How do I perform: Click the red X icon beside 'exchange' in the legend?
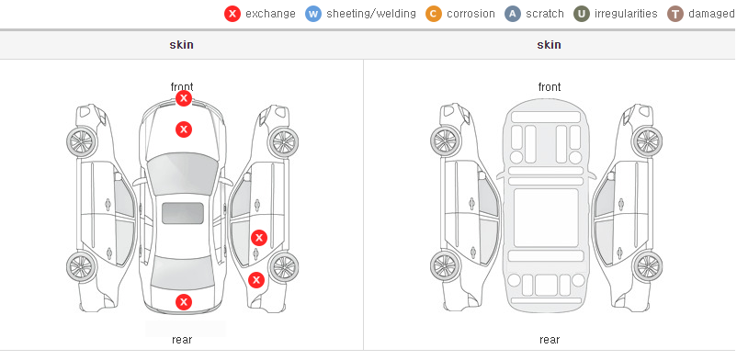click(232, 14)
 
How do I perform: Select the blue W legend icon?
click(313, 14)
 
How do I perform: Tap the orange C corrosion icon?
click(434, 14)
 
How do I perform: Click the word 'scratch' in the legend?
click(545, 14)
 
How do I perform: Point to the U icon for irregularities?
click(582, 14)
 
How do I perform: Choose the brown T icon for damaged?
click(675, 14)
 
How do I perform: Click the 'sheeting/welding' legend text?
click(371, 14)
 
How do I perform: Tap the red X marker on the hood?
click(184, 129)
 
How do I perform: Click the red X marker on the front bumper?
click(184, 98)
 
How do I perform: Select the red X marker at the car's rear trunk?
click(184, 302)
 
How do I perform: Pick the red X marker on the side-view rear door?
click(259, 238)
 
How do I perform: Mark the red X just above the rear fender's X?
click(259, 238)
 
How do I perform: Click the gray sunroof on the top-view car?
click(183, 213)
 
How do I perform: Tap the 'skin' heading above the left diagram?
click(181, 45)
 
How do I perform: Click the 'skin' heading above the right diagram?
click(549, 45)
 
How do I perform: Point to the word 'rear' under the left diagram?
click(182, 340)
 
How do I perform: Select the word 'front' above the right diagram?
click(550, 87)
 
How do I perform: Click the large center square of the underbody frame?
click(546, 218)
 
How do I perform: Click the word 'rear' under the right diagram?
click(550, 340)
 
